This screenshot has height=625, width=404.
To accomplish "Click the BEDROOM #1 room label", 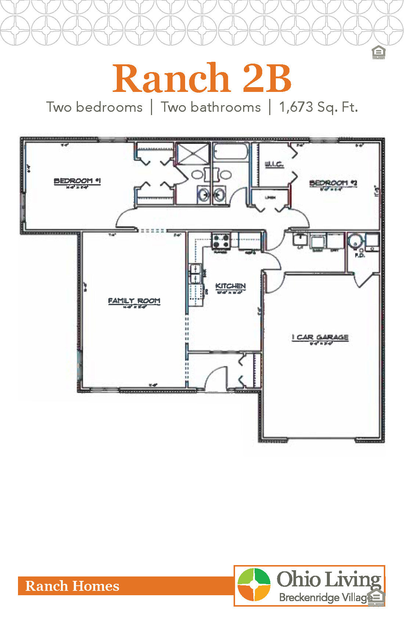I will point(77,181).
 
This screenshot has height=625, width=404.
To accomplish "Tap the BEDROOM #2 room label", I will point(333,183).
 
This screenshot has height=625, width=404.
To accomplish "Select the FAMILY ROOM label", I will point(134,301).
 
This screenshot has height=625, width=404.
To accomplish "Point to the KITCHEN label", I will point(230,286).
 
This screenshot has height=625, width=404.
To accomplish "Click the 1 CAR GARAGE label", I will point(320,337).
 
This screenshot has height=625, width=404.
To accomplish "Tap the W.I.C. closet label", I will point(274,164).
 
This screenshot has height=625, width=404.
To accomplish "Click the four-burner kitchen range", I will point(221,241).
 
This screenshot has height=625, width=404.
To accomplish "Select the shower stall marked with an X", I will point(193,153).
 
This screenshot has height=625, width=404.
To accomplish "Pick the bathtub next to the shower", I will point(230,152).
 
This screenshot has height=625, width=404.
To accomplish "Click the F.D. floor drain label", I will point(360,255).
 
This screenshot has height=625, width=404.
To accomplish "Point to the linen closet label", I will point(270,198).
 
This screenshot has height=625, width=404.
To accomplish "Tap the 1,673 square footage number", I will point(296,107).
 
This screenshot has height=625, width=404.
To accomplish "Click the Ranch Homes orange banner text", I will point(72,586).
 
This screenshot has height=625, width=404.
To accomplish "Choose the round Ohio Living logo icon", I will point(254,585).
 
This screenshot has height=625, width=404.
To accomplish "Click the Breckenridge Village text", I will point(325,597).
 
